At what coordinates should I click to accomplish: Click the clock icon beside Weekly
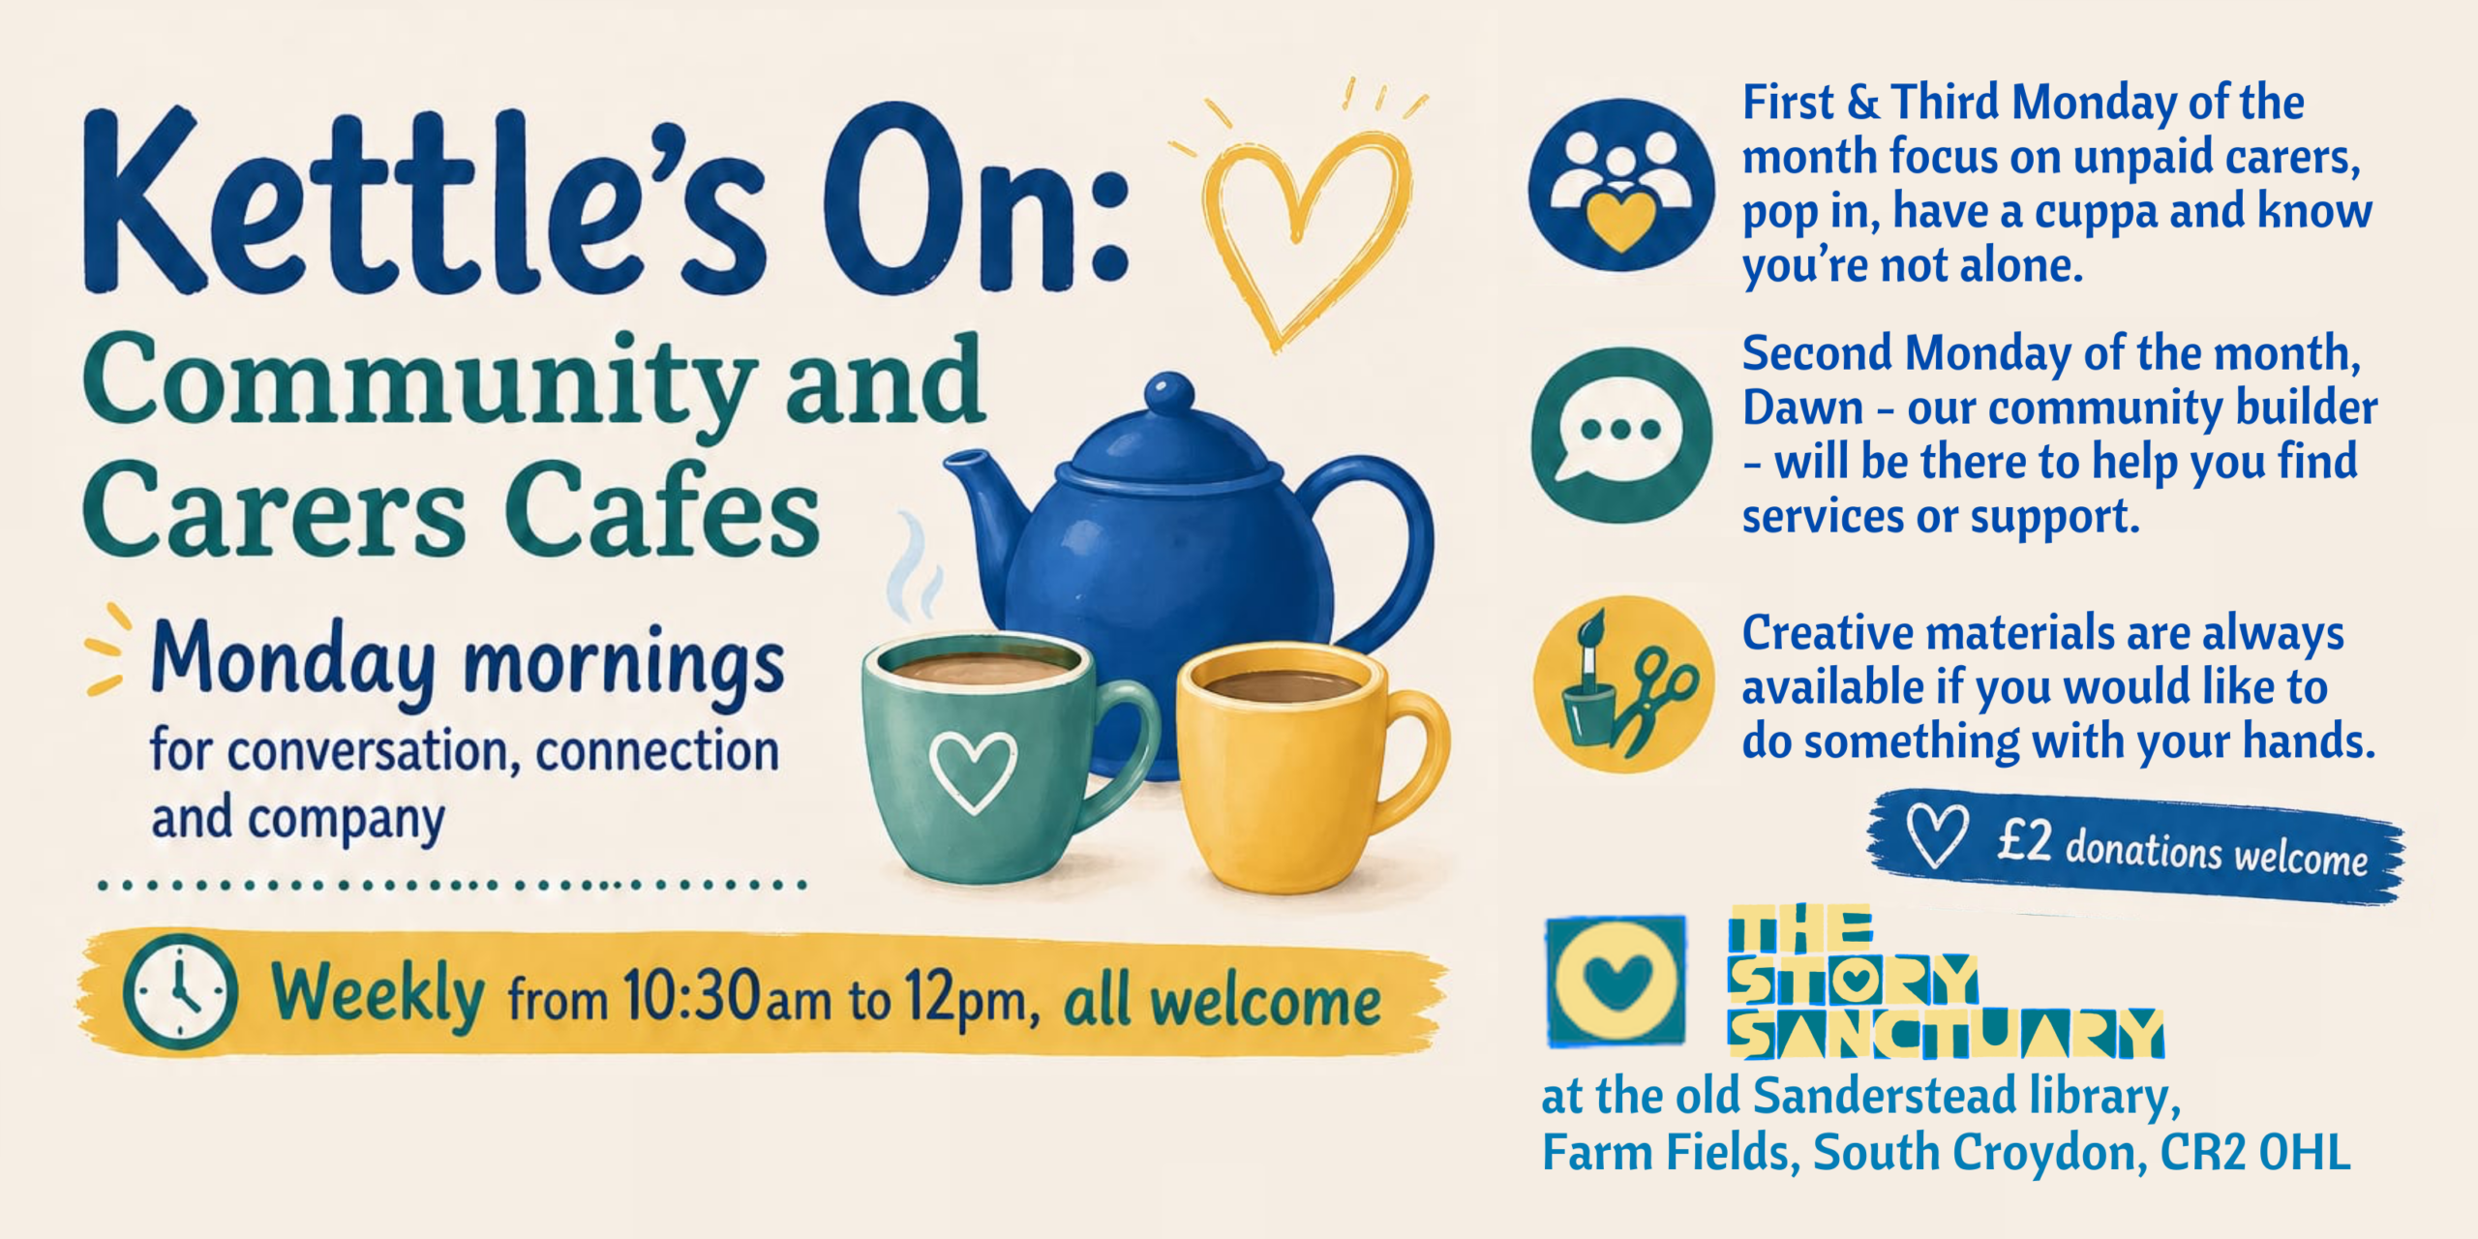pyautogui.click(x=180, y=991)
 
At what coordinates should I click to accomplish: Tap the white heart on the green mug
pyautogui.click(x=973, y=771)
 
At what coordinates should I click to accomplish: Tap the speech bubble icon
pyautogui.click(x=1621, y=435)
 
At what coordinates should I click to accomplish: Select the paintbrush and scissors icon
pyautogui.click(x=1623, y=683)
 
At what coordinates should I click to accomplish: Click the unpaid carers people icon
pyautogui.click(x=1621, y=184)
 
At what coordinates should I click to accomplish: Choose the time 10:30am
pyautogui.click(x=726, y=995)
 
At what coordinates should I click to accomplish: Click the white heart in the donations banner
pyautogui.click(x=1937, y=834)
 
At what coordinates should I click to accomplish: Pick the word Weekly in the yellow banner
pyautogui.click(x=378, y=995)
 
